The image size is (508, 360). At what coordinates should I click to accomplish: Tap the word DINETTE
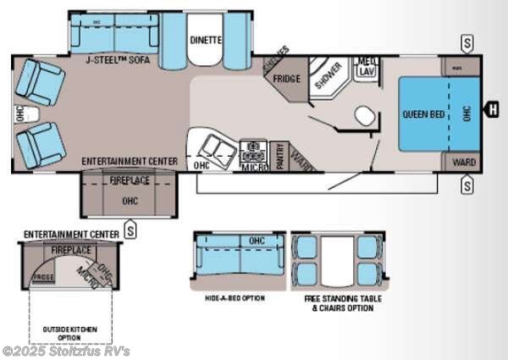(206, 39)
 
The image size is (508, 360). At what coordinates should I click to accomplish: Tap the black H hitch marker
(490, 108)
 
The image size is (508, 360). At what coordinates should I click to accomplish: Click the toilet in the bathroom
(364, 115)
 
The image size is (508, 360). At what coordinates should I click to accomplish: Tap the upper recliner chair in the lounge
(42, 80)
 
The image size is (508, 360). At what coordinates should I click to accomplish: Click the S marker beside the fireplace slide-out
(130, 227)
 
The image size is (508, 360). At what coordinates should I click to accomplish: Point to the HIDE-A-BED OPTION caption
(235, 298)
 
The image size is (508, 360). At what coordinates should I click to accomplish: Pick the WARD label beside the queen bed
(464, 161)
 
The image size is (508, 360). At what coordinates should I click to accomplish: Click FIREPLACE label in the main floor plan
(129, 180)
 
